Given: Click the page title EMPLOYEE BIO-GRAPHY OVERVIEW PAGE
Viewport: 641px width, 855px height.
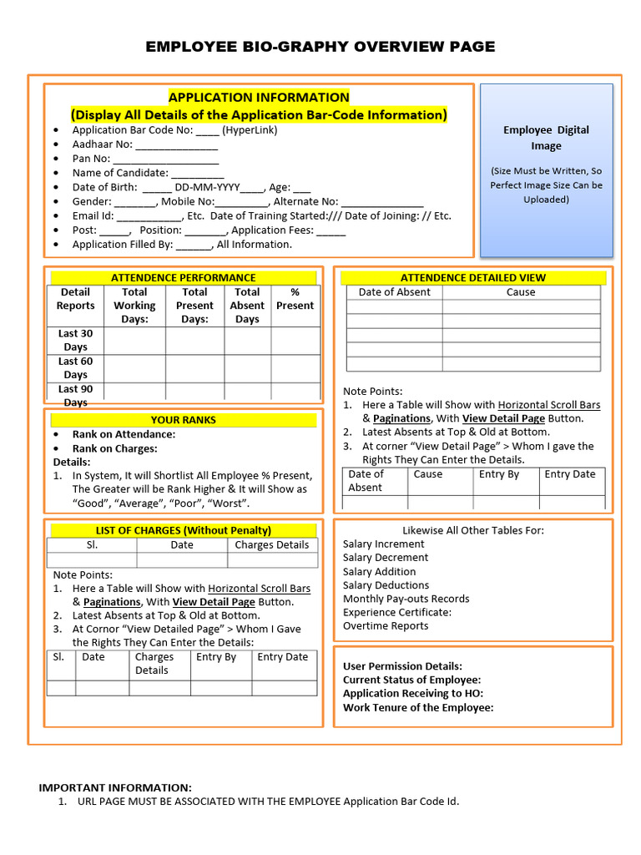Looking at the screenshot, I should (x=320, y=47).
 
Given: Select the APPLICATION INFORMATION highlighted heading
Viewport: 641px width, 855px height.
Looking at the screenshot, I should (x=259, y=97).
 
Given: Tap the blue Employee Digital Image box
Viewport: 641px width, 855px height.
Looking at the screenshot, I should (x=547, y=170).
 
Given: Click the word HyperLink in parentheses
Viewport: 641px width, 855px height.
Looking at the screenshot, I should (x=250, y=130).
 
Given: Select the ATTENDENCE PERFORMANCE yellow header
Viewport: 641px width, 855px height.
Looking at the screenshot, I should (x=184, y=277).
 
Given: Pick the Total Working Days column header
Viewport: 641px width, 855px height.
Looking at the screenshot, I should (x=134, y=306).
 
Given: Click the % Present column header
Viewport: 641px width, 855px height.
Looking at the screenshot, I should (x=295, y=299).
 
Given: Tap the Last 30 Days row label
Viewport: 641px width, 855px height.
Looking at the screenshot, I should (x=75, y=340).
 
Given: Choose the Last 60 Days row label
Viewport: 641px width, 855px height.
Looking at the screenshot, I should (x=75, y=368).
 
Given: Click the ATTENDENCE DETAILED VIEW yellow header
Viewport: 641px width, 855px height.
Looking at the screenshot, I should (x=473, y=277).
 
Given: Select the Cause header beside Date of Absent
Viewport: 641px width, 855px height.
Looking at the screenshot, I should (x=521, y=292).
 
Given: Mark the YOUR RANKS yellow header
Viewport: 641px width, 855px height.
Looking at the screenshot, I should (x=184, y=420).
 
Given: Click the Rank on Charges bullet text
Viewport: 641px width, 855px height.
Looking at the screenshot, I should (x=114, y=448).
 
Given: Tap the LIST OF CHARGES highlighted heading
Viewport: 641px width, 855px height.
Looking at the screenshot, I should (x=184, y=530).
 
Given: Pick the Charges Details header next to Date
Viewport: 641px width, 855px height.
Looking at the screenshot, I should (x=272, y=545).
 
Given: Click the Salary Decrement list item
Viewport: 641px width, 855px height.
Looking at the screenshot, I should (x=386, y=558).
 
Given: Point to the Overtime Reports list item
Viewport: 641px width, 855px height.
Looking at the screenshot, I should (x=386, y=626).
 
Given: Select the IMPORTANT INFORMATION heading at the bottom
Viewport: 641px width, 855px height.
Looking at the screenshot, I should (x=115, y=787).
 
